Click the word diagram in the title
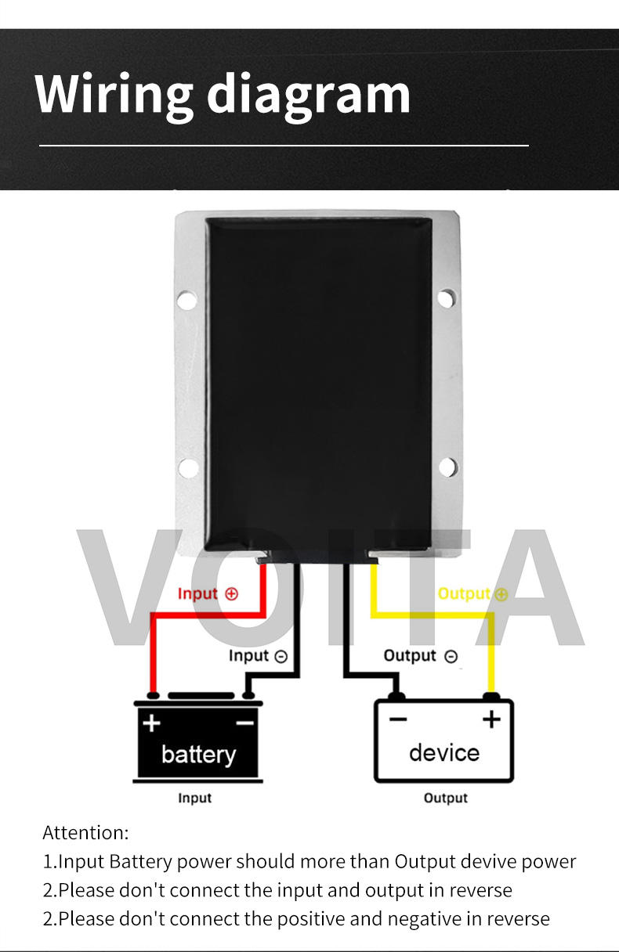(309, 94)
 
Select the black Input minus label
(258, 655)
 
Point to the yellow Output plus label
(472, 593)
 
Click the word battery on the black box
(198, 754)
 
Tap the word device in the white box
(443, 752)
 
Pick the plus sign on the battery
(151, 722)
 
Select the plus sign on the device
(491, 719)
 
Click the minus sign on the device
(398, 719)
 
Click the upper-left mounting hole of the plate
(186, 299)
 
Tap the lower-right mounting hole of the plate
(447, 467)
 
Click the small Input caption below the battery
(195, 798)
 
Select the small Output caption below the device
(445, 798)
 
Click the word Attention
(85, 832)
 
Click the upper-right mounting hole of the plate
(445, 298)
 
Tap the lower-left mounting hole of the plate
(188, 468)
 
